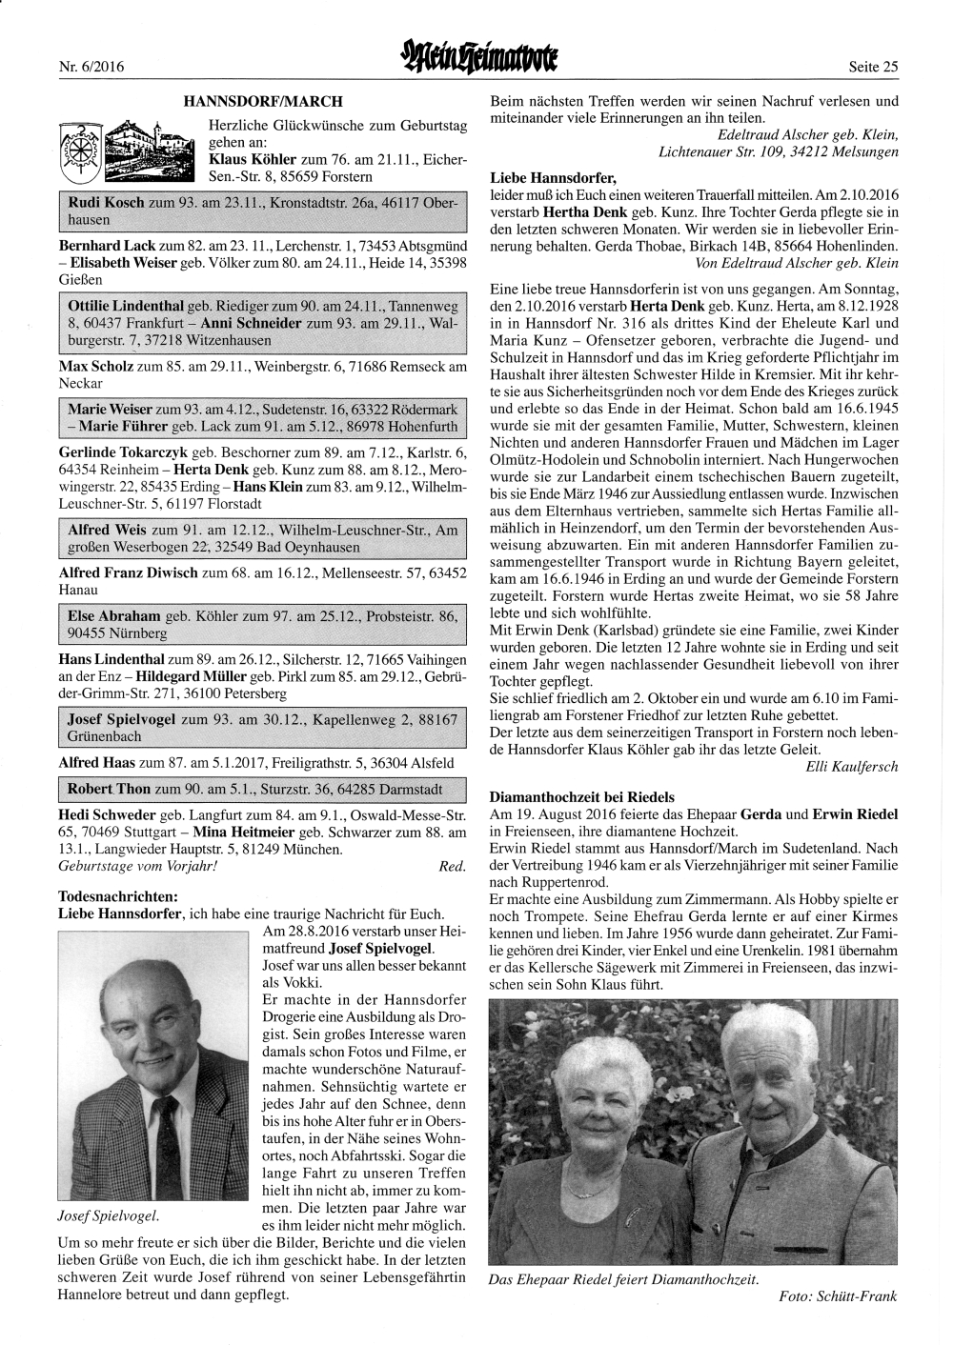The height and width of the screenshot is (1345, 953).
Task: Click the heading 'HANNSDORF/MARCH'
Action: (x=263, y=101)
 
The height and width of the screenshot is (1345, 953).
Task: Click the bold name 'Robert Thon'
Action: (x=110, y=790)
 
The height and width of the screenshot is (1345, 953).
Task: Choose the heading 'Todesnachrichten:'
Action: (x=117, y=896)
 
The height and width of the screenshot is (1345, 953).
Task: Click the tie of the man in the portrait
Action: (x=169, y=1142)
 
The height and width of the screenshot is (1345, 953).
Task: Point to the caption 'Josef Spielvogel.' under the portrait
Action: (x=109, y=1216)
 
